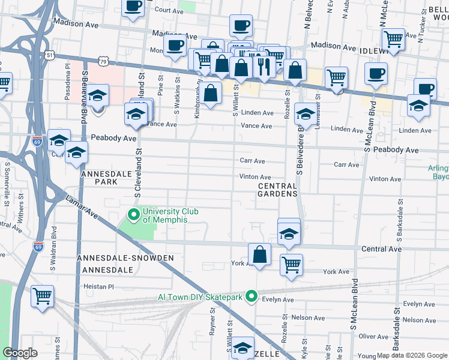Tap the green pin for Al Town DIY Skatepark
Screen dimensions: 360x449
[x=252, y=296]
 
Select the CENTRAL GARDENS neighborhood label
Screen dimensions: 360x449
[x=277, y=190]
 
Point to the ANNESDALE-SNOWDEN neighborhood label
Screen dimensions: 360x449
[x=125, y=258]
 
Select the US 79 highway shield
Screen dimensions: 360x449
[x=104, y=61]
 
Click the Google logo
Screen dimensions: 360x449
[x=20, y=353]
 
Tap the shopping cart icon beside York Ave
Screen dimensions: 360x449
[x=291, y=264]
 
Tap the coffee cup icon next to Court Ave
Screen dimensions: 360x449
[x=133, y=7]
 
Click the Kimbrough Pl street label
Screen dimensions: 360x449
[x=197, y=102]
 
